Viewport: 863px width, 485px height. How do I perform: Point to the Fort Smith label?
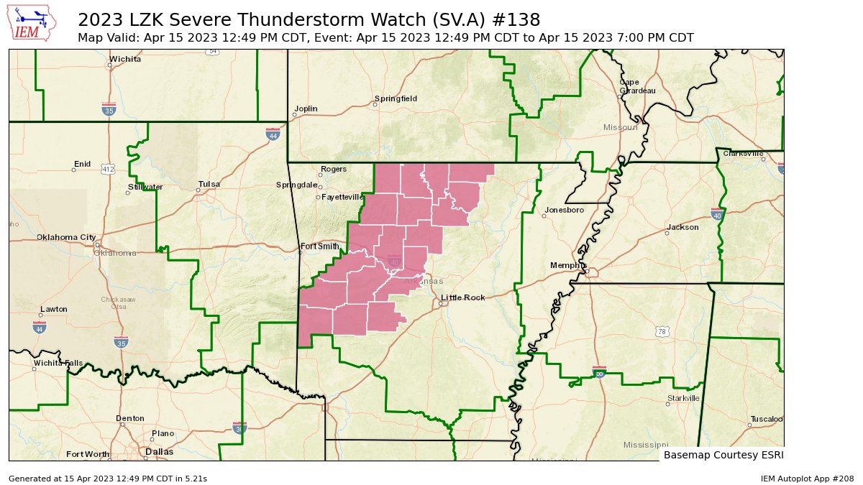pyautogui.click(x=319, y=246)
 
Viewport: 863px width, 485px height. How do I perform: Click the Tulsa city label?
pyautogui.click(x=209, y=184)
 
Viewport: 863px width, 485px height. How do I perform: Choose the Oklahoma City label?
pyautogui.click(x=66, y=237)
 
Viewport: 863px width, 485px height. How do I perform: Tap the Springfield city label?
pyautogui.click(x=396, y=98)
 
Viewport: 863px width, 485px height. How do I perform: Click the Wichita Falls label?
pyautogui.click(x=58, y=364)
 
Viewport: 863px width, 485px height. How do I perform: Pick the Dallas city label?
pyautogui.click(x=159, y=452)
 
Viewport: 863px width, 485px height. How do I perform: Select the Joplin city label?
pyautogui.click(x=306, y=108)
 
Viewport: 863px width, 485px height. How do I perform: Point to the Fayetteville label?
pyautogui.click(x=343, y=196)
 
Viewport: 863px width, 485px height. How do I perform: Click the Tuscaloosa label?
pyautogui.click(x=765, y=418)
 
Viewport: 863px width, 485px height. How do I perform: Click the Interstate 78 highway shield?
pyautogui.click(x=662, y=331)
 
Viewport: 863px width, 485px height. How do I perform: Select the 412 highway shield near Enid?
pyautogui.click(x=108, y=170)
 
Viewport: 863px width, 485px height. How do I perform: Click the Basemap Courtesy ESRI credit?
pyautogui.click(x=723, y=455)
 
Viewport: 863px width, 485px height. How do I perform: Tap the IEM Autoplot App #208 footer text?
pyautogui.click(x=807, y=478)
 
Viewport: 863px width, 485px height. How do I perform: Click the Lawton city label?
pyautogui.click(x=54, y=309)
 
